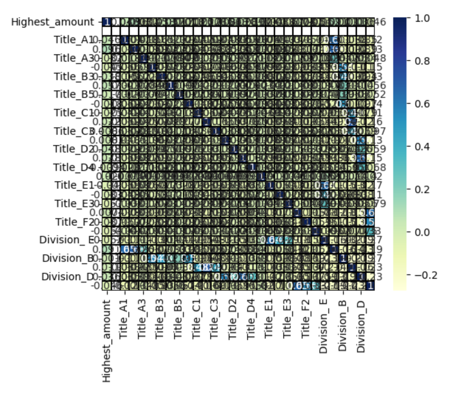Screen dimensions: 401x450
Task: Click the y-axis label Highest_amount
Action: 53,22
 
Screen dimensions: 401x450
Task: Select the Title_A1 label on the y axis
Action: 73,40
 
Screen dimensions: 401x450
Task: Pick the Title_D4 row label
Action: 72,167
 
